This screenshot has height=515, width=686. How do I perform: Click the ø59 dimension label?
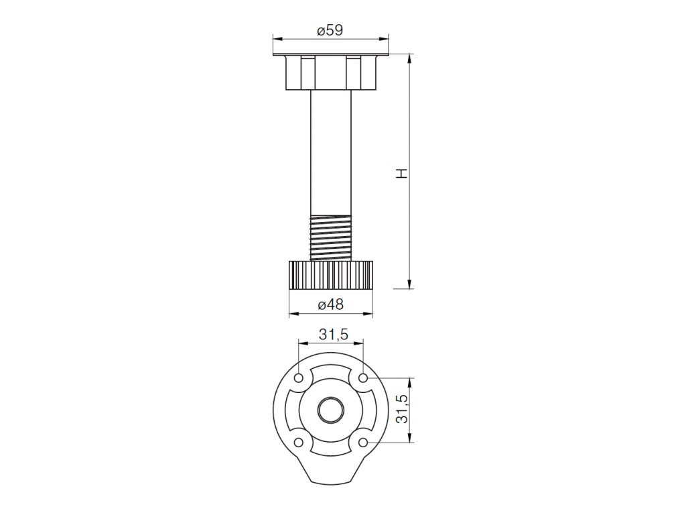point(330,30)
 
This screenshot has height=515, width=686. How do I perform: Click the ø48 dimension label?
point(331,304)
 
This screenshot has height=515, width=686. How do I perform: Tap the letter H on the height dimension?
point(402,172)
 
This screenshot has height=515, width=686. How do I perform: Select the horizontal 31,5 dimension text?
point(334,335)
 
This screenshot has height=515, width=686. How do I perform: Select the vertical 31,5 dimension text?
point(402,408)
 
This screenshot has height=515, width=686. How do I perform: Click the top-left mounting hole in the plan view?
point(299,378)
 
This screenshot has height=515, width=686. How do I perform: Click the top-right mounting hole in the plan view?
point(362,378)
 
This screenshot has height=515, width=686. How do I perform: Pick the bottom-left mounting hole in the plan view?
point(299,443)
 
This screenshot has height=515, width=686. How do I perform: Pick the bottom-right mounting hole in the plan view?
point(362,443)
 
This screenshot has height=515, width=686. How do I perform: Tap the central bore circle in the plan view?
point(331,410)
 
